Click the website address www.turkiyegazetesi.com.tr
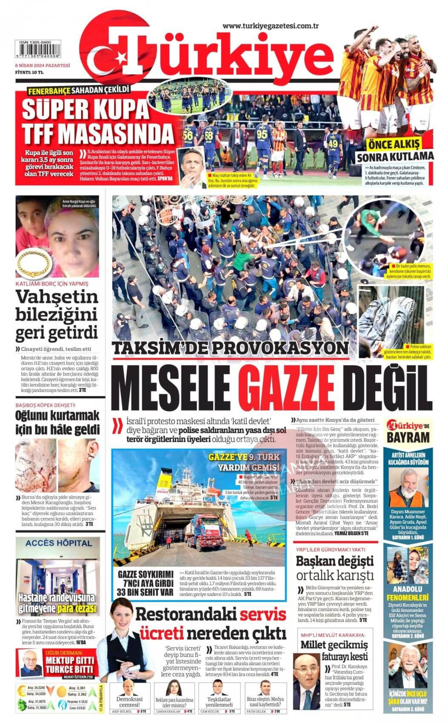click(271, 26)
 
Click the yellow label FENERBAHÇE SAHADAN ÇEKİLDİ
click(78, 90)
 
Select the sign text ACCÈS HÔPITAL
click(58, 543)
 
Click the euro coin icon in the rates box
click(21, 690)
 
